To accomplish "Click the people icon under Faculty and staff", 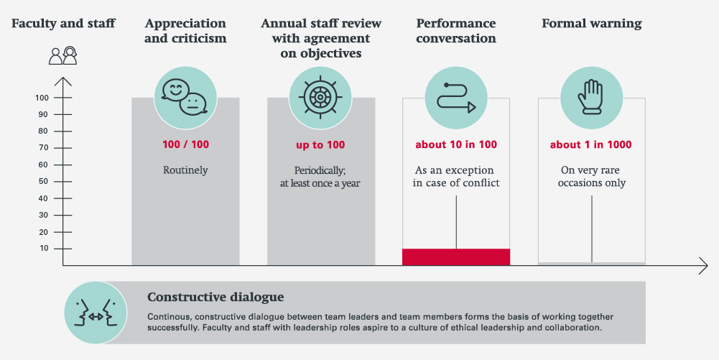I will click(x=62, y=56).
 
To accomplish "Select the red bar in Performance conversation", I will click(x=456, y=257).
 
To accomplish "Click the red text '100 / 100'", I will click(x=185, y=144).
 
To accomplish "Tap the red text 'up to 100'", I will click(x=320, y=144).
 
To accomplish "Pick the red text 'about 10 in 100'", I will click(x=456, y=144).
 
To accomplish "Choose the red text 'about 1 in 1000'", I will click(x=591, y=144).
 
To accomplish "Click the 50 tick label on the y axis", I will click(x=44, y=181).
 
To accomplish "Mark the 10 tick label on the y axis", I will click(x=44, y=249).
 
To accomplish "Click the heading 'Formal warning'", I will click(x=591, y=24).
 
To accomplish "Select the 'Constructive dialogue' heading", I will click(x=215, y=297).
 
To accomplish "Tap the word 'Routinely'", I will click(x=185, y=171).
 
